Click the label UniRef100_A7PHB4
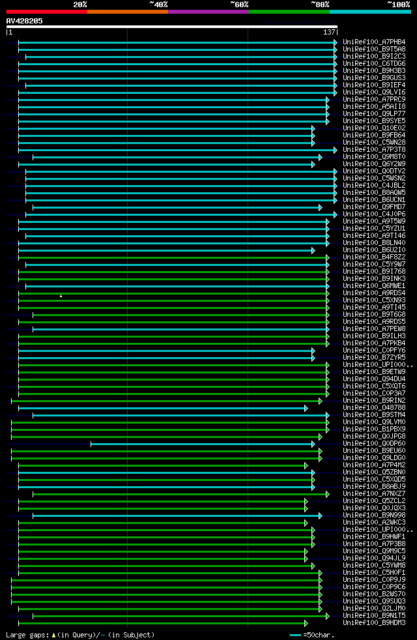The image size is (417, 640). click(374, 42)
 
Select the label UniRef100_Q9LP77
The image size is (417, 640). click(374, 113)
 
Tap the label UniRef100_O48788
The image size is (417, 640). click(374, 408)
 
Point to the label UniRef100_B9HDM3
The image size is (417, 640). click(374, 623)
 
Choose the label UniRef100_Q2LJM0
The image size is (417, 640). click(374, 609)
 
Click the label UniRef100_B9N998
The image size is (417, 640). click(374, 516)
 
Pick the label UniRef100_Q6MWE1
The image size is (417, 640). click(374, 286)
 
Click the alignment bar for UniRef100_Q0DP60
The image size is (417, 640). click(202, 444)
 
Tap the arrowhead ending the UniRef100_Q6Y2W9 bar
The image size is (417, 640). click(313, 164)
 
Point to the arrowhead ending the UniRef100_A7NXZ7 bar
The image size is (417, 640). click(327, 494)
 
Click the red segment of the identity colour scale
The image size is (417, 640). click(46, 12)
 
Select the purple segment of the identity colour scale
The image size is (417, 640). click(208, 12)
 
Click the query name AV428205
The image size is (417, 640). click(25, 21)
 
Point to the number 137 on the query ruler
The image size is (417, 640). click(329, 32)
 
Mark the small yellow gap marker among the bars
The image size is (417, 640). click(61, 296)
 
